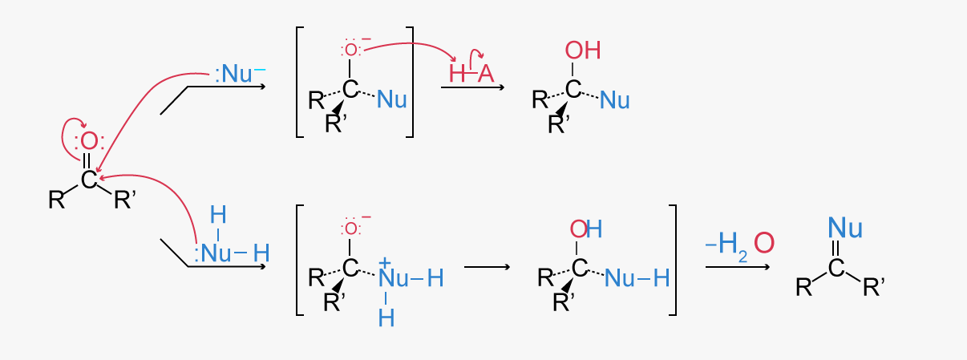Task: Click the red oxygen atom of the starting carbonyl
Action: [x=89, y=142]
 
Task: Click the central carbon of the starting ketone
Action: [x=89, y=180]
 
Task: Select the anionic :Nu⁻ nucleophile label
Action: [x=240, y=74]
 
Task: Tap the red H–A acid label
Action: [x=471, y=74]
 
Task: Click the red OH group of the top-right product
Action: [x=583, y=50]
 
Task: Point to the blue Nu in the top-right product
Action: [x=615, y=99]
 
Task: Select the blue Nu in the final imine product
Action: [x=845, y=228]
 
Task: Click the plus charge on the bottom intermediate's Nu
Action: [x=384, y=262]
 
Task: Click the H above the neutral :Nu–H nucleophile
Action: [x=218, y=215]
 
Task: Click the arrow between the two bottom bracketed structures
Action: [x=487, y=267]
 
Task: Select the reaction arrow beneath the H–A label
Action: [x=473, y=87]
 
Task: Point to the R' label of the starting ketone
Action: [x=125, y=200]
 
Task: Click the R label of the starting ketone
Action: [x=57, y=200]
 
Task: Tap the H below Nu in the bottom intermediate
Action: [x=386, y=318]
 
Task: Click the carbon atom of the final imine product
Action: [x=836, y=268]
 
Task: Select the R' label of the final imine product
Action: [x=874, y=286]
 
